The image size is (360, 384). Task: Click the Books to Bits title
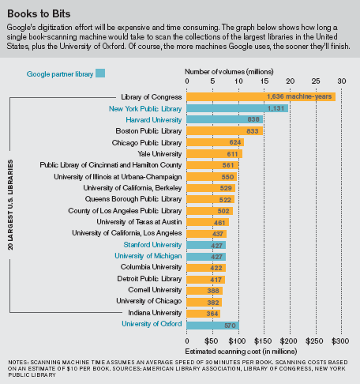coord(39,13)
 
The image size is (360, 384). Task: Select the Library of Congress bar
coord(261,96)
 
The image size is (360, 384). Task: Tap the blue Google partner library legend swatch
coord(100,73)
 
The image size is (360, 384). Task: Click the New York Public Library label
coord(145,109)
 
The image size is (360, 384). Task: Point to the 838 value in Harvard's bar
coord(253,119)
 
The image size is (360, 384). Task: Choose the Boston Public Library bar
coord(224,131)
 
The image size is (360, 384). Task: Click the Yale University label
coord(159,154)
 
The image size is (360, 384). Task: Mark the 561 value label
coord(228,165)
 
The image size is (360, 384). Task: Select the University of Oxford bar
coord(212,326)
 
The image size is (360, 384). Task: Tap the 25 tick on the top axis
coord(316,81)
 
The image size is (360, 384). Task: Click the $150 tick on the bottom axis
coord(262,341)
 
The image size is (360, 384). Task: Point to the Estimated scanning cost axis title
coord(241,352)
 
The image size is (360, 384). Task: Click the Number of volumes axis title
coord(229,72)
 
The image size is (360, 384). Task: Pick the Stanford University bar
coord(206,245)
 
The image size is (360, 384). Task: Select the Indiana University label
coord(155,313)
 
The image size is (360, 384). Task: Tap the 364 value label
coord(212,314)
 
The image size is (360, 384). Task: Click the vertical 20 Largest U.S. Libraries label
coord(10,205)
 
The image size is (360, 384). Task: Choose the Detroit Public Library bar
coord(205,280)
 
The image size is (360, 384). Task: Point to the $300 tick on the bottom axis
coord(340,341)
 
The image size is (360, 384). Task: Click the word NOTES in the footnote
coord(18,363)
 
